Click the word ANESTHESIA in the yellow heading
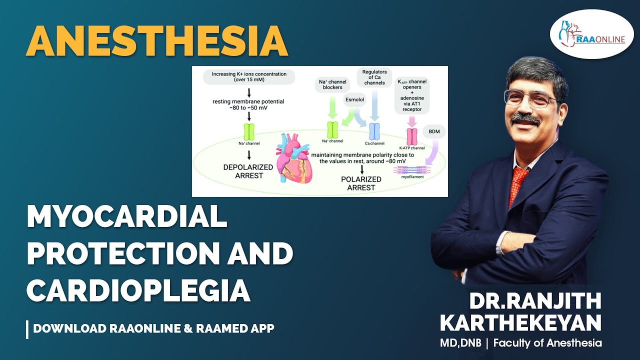pyautogui.click(x=157, y=40)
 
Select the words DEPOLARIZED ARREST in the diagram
pyautogui.click(x=248, y=171)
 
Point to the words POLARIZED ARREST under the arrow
pyautogui.click(x=361, y=183)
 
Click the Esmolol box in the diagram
pyautogui.click(x=354, y=100)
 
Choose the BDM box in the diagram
pyautogui.click(x=433, y=131)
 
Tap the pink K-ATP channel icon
pyautogui.click(x=412, y=136)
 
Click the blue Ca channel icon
pyautogui.click(x=374, y=131)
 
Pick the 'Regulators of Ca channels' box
pyautogui.click(x=374, y=77)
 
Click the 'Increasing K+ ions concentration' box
pyautogui.click(x=249, y=77)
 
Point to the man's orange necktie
pyautogui.click(x=518, y=185)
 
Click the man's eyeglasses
pyautogui.click(x=530, y=98)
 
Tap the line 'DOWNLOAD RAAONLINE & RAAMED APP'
pyautogui.click(x=153, y=329)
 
